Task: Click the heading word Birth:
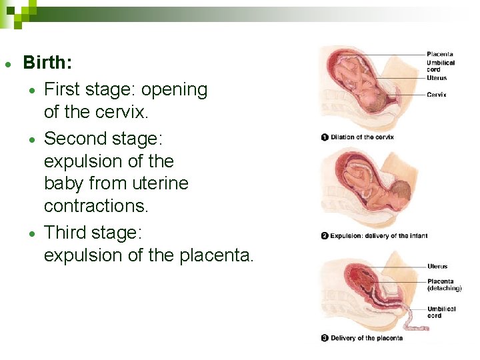[48, 63]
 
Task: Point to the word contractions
[96, 207]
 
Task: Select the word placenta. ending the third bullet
[217, 255]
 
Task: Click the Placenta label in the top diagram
[440, 54]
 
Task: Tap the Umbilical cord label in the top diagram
[441, 66]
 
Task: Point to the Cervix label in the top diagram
[437, 95]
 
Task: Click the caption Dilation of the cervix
[362, 137]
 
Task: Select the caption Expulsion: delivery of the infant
[379, 235]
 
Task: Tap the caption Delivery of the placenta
[367, 338]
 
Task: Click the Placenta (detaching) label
[444, 285]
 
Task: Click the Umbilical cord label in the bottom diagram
[441, 312]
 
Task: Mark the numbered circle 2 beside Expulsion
[325, 235]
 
